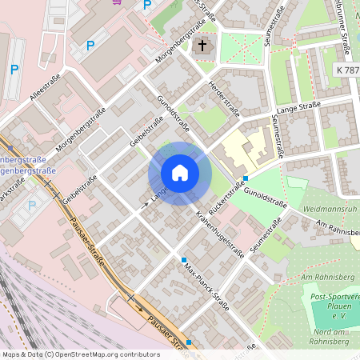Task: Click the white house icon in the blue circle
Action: (180, 173)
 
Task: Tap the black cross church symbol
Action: (202, 46)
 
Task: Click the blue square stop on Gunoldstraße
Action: (246, 178)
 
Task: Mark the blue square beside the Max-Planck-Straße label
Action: (184, 260)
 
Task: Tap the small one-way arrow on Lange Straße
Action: (146, 205)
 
